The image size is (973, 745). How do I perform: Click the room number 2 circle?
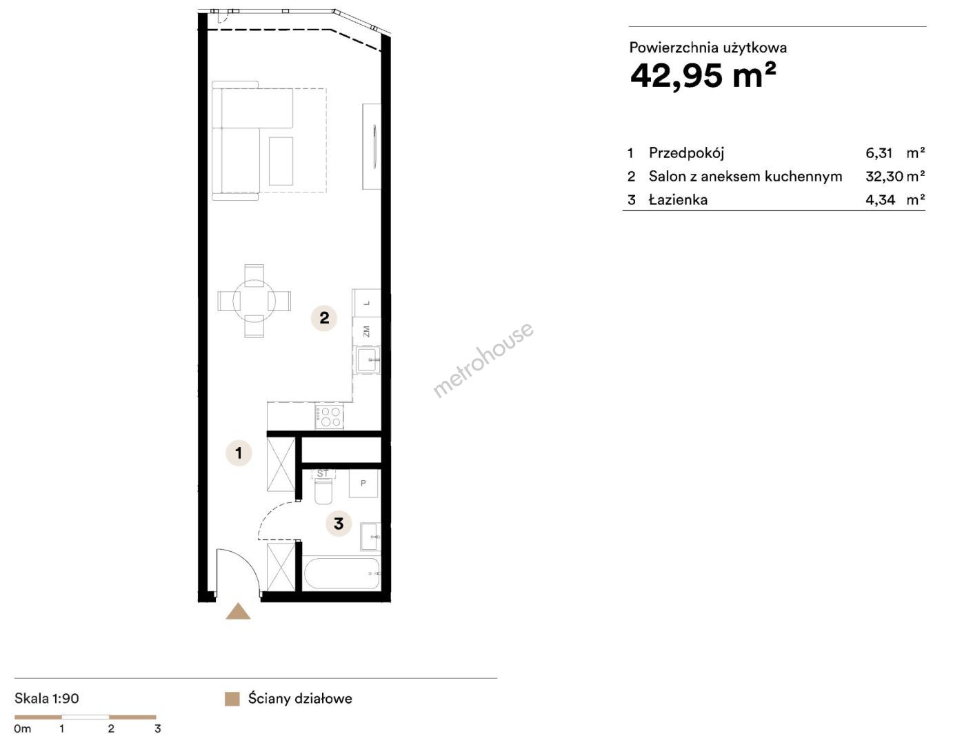tap(324, 318)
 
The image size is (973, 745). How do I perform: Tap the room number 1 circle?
tap(239, 453)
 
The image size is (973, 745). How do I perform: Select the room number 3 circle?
tap(339, 524)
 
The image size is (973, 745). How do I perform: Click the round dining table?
tap(254, 301)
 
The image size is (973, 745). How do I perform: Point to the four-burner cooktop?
tap(329, 417)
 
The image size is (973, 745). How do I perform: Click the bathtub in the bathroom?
tap(342, 573)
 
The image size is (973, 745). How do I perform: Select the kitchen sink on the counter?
tap(367, 359)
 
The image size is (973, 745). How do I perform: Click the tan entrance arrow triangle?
tap(238, 611)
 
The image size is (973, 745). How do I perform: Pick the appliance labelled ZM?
tap(367, 331)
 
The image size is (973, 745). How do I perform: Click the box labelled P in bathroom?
tap(363, 484)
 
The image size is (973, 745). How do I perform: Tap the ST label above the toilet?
tap(322, 474)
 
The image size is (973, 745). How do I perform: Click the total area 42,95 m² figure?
tap(703, 75)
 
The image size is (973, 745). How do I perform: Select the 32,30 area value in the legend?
tap(884, 177)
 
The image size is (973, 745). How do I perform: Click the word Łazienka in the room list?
tap(678, 199)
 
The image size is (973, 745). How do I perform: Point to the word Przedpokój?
tap(686, 153)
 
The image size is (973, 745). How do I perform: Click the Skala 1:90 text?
tap(46, 698)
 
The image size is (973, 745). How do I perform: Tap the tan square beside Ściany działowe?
tap(232, 699)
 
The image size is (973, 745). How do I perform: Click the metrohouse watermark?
tap(483, 359)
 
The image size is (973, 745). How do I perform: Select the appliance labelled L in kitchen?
tap(367, 303)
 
